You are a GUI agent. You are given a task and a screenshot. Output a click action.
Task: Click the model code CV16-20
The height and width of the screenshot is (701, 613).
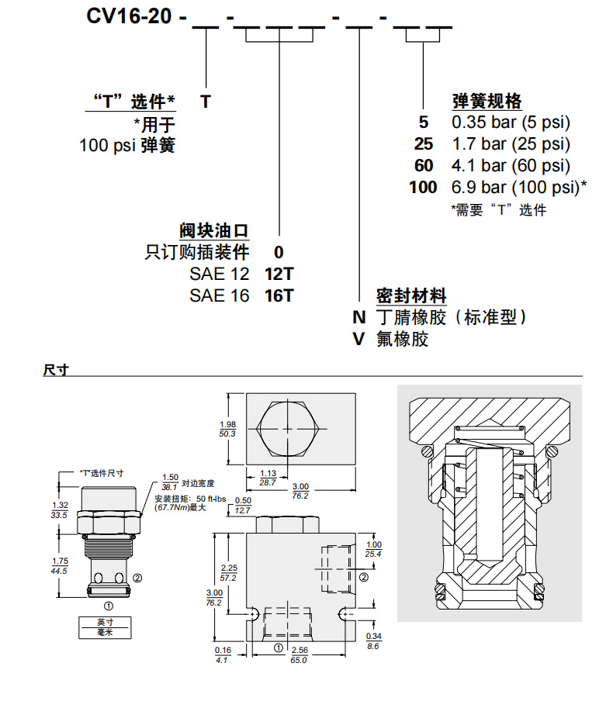[128, 17]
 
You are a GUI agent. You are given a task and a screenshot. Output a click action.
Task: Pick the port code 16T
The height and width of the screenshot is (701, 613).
[280, 295]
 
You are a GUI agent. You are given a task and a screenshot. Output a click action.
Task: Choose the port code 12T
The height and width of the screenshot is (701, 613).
[280, 273]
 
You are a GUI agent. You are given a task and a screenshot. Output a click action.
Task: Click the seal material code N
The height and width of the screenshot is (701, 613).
[358, 316]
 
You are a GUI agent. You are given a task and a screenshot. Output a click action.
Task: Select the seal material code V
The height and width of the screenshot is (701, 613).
[358, 339]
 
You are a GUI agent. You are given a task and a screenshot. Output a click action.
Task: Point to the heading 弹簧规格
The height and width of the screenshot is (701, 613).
[486, 102]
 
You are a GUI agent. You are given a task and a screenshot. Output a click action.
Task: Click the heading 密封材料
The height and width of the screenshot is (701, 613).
[411, 295]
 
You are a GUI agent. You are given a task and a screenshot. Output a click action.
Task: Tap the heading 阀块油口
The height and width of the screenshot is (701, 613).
[215, 230]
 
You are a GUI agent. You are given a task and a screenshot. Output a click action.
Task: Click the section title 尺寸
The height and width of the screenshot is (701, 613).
[56, 370]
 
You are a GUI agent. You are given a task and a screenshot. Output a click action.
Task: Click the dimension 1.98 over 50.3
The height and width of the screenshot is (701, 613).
[227, 429]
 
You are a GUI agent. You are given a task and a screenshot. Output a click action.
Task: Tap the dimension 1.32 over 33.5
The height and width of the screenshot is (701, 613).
[58, 509]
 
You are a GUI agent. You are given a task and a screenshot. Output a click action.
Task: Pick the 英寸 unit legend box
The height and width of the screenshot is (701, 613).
[105, 622]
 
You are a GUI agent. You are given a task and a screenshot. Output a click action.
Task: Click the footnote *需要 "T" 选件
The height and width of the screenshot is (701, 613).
[499, 209]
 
